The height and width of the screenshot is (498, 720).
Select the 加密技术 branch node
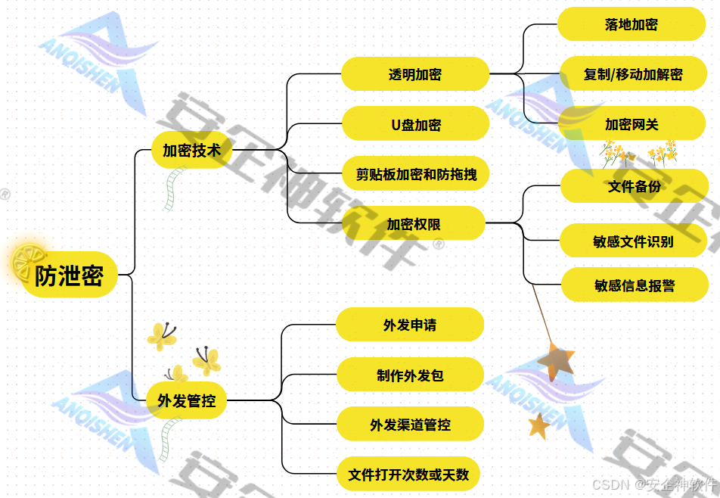coord(191,150)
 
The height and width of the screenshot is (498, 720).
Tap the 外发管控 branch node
coord(186,401)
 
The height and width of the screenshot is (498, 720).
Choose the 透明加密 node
coord(415,74)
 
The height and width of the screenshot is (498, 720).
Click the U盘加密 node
coord(415,124)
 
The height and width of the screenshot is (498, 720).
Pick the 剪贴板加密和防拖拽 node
coord(415,174)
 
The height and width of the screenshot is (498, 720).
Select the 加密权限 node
coord(413,223)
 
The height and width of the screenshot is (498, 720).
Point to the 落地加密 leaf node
coord(632,24)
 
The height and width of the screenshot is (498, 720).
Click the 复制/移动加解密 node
coord(632,74)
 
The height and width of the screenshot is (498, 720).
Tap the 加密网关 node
coord(632,124)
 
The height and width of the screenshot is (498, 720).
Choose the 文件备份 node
coord(634,186)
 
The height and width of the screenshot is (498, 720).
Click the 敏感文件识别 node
coord(633,242)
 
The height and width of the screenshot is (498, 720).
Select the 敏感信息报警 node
coord(635,285)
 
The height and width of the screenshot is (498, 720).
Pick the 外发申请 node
coord(409,325)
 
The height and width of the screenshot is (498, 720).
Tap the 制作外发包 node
coord(409,375)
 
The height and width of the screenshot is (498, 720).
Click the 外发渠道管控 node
coord(409,425)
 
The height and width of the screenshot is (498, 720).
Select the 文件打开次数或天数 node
coord(408,475)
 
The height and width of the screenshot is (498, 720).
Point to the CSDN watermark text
coord(653,484)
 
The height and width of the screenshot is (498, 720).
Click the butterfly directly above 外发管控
coord(176,373)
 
